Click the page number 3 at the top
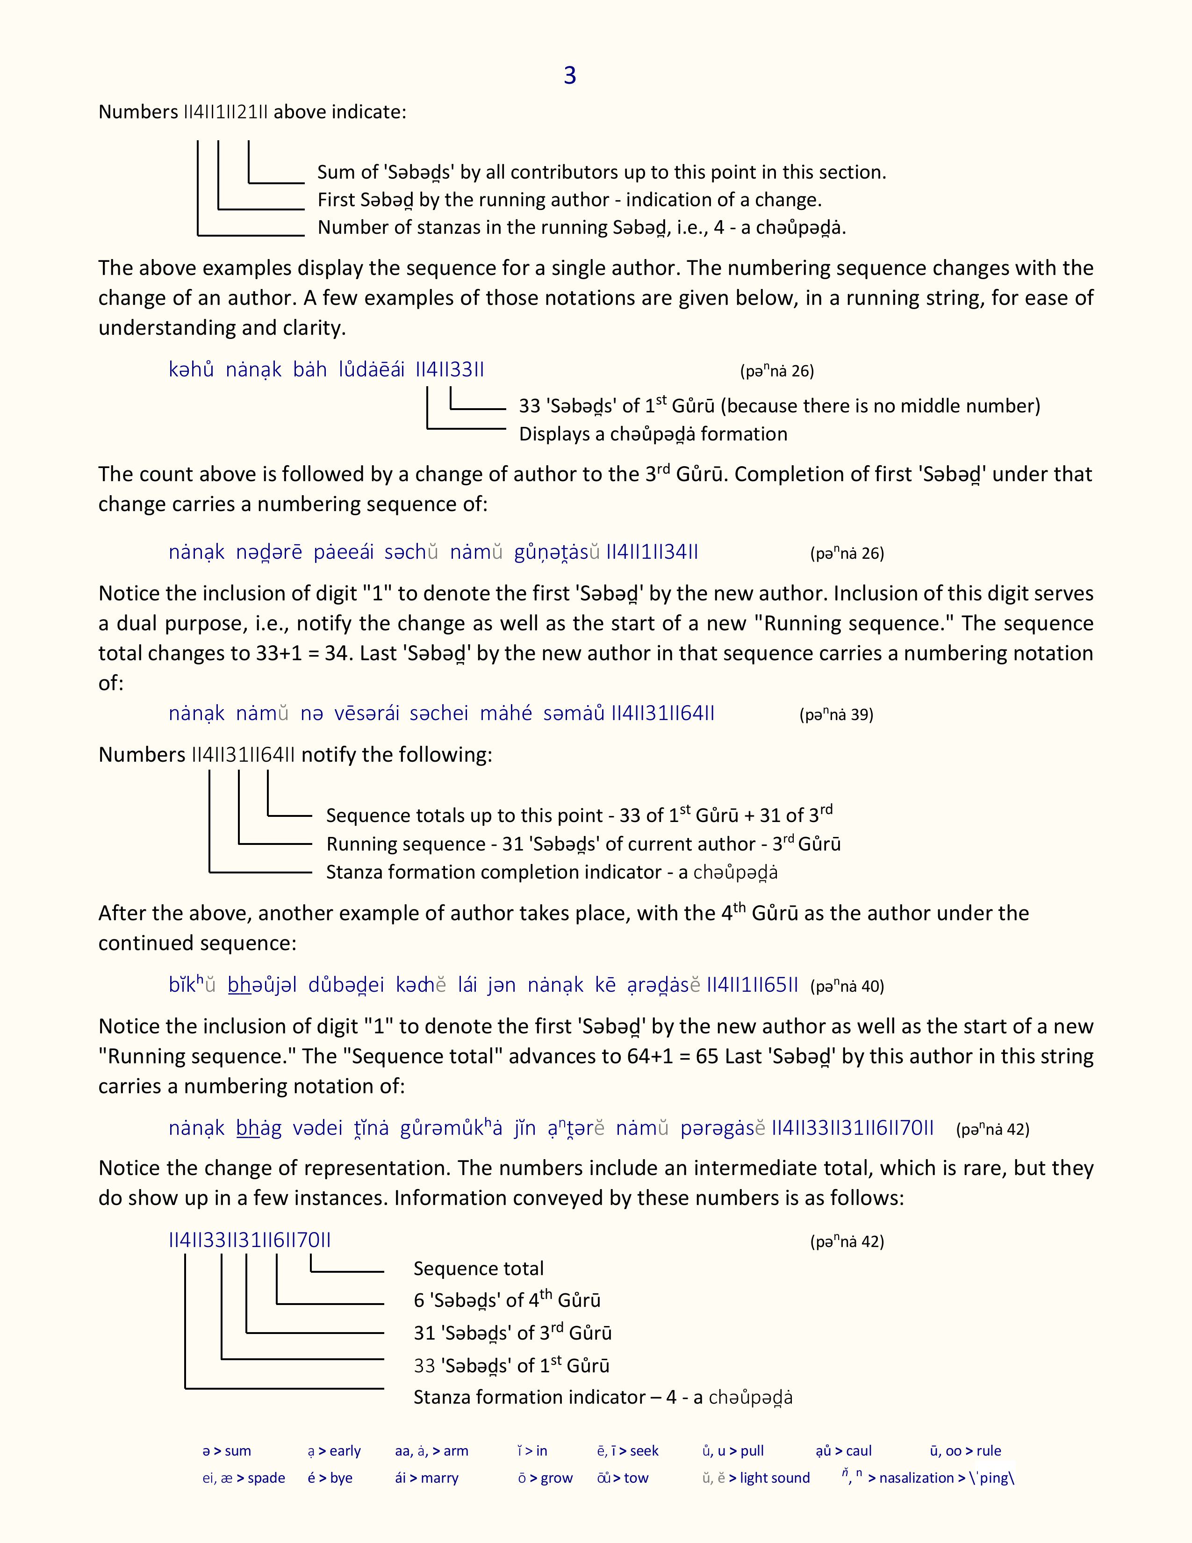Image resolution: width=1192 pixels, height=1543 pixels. pos(570,76)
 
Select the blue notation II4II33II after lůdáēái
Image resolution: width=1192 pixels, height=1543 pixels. pos(450,369)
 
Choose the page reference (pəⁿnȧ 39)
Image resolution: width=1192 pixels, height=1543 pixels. pos(836,714)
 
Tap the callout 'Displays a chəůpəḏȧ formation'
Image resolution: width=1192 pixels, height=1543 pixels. pos(653,434)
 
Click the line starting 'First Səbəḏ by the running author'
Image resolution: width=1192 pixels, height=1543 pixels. pos(569,200)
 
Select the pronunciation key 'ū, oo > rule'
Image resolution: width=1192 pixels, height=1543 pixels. pos(965,1451)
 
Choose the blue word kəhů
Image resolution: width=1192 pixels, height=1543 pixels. pos(191,369)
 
